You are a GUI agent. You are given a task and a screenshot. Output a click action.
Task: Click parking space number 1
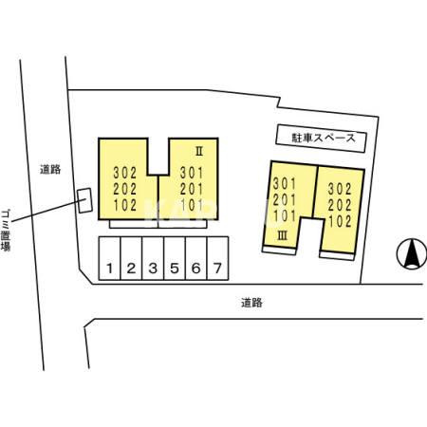point(110,258)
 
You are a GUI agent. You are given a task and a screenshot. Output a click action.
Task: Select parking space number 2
point(131,258)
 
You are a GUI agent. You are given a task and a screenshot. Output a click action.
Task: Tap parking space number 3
point(153,258)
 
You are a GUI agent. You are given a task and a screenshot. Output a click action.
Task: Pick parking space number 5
point(175,258)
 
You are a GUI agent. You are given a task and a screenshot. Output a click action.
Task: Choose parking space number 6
point(195,258)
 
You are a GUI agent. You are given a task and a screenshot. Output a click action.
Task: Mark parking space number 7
point(217,258)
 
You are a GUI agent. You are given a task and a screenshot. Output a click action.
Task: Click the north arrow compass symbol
point(412,253)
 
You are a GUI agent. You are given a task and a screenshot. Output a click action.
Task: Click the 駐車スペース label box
point(322,139)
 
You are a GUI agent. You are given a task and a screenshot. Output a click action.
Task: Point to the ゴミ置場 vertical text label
point(6,230)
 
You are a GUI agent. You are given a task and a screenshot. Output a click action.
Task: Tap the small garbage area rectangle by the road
point(85,200)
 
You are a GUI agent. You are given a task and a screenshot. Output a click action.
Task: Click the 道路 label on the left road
point(50,170)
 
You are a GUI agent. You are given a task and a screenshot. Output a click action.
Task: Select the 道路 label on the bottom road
point(251,303)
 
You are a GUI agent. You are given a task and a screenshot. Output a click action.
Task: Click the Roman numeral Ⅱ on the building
point(199,152)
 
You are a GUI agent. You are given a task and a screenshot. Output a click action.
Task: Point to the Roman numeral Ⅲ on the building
point(283,235)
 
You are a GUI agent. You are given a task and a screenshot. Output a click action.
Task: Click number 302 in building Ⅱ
point(125,173)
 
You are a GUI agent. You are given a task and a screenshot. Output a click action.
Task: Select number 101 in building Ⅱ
point(192,205)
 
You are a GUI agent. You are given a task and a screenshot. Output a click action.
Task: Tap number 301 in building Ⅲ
point(285,184)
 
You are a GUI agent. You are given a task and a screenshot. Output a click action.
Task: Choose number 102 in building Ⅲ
point(340,221)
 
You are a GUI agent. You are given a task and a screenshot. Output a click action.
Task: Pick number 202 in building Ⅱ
point(125,189)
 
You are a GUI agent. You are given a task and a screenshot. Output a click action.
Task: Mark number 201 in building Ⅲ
point(285,200)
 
